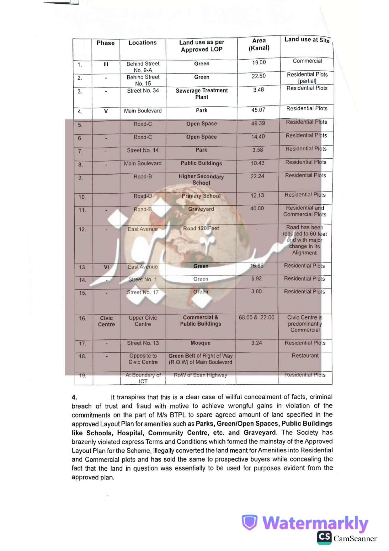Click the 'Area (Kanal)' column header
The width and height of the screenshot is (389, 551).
[x=259, y=44]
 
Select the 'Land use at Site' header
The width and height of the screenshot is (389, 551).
[x=306, y=40]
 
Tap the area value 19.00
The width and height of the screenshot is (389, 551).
[x=259, y=62]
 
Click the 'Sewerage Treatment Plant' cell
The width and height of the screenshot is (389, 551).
[x=201, y=94]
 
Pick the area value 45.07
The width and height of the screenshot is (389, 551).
[x=258, y=110]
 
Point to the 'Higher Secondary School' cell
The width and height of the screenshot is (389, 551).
[x=201, y=180]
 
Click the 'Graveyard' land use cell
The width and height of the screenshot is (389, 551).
[x=201, y=209]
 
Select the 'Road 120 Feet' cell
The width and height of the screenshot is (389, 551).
[x=201, y=228]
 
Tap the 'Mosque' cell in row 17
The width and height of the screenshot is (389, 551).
[x=200, y=343]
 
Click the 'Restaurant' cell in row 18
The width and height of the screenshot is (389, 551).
[x=305, y=355]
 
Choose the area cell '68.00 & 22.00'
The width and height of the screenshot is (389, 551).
[x=256, y=317]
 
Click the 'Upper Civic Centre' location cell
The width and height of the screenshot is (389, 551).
[x=143, y=321]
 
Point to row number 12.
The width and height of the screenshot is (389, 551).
[x=82, y=230]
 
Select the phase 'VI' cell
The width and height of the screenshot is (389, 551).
[x=106, y=267]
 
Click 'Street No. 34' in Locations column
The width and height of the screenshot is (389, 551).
[x=143, y=91]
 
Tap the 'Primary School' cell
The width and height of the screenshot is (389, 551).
[x=201, y=196]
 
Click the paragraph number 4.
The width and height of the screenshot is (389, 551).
[x=74, y=397]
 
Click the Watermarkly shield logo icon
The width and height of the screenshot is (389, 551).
[x=249, y=522]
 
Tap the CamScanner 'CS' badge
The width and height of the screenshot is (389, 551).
[x=324, y=537]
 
